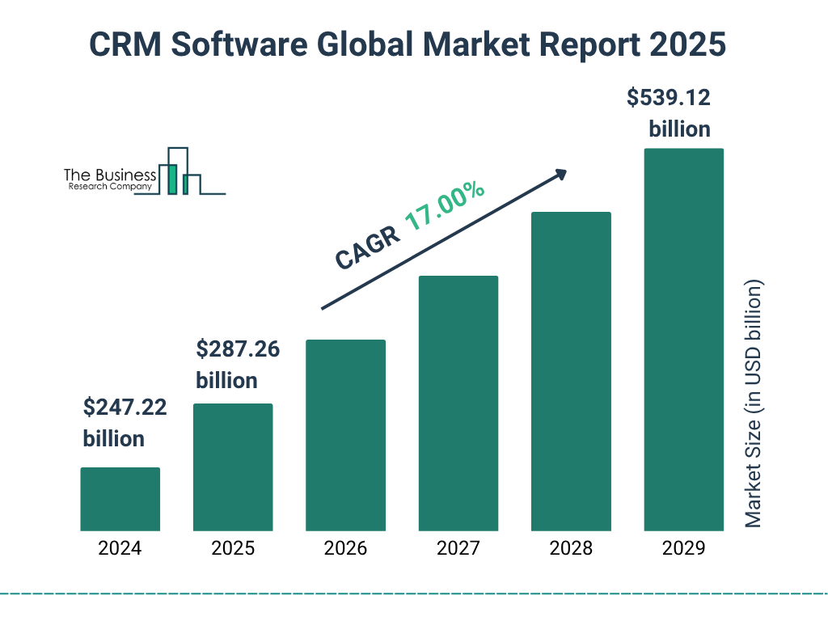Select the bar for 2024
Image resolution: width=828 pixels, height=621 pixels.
[120, 499]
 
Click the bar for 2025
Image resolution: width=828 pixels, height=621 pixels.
[233, 467]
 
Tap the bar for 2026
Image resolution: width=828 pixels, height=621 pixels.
[345, 435]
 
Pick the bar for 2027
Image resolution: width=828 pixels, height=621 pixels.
[458, 403]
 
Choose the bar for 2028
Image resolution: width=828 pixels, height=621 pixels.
[571, 371]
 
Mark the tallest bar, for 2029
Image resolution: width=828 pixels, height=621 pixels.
[683, 340]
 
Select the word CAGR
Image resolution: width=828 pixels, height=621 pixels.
[366, 247]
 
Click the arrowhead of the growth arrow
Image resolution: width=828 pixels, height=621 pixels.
[560, 174]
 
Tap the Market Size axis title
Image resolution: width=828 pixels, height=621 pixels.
[753, 403]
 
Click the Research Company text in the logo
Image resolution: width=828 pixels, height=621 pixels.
[110, 187]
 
